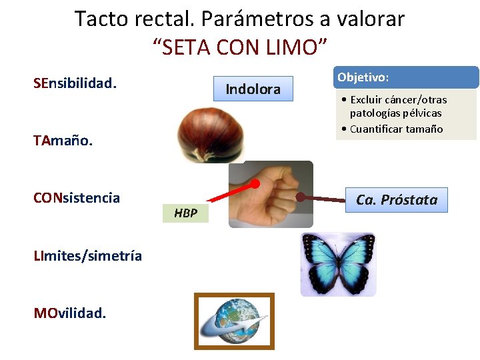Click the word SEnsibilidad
(75, 84)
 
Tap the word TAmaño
(63, 141)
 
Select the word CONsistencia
(77, 198)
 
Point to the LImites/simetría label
(87, 255)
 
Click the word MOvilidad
(69, 313)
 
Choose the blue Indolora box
(253, 89)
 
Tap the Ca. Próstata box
(397, 200)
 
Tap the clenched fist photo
(271, 193)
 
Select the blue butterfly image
(337, 263)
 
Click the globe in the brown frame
(234, 321)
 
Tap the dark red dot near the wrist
(301, 197)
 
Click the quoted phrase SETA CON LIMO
(240, 47)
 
